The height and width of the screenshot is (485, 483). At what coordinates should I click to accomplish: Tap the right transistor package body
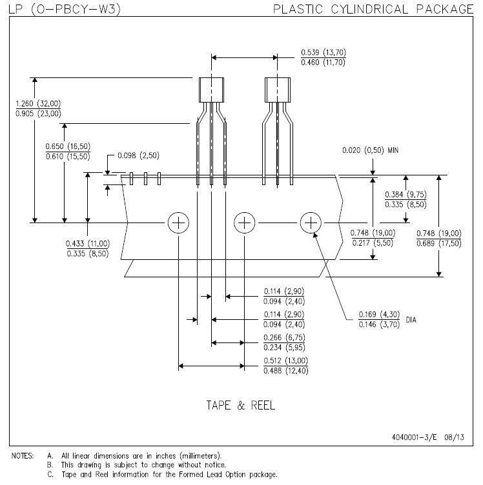click(x=278, y=90)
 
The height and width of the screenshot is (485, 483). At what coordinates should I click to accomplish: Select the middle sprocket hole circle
click(x=244, y=223)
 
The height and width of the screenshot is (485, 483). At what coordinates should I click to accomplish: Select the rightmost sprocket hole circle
click(x=311, y=223)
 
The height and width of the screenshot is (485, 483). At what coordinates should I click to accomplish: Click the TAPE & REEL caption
click(x=240, y=406)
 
